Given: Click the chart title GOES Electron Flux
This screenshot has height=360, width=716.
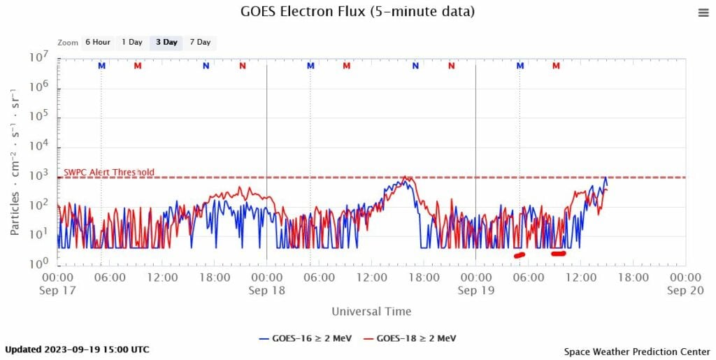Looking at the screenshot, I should [x=358, y=12].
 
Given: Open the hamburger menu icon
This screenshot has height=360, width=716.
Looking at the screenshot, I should [x=703, y=13].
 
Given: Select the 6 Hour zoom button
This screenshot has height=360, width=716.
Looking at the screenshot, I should [x=98, y=43].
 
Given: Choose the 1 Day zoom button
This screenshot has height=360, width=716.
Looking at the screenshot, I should [x=132, y=43].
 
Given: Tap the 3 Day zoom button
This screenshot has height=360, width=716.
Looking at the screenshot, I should [x=166, y=43].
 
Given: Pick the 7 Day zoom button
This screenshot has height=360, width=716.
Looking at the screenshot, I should [x=199, y=43].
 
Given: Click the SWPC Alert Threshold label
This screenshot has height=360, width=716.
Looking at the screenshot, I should [x=109, y=173].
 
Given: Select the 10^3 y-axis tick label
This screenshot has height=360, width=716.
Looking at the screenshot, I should [x=38, y=175].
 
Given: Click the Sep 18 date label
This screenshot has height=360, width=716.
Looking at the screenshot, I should [x=266, y=291].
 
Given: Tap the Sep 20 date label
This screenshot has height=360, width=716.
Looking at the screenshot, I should [x=685, y=291].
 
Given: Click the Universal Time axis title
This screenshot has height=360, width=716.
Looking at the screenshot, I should [x=371, y=311].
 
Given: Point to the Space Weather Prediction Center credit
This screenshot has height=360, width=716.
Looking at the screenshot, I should [x=637, y=352].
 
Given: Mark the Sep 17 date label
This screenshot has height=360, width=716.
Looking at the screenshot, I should [x=58, y=291].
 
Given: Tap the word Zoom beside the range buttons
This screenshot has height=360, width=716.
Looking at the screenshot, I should [x=68, y=43].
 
